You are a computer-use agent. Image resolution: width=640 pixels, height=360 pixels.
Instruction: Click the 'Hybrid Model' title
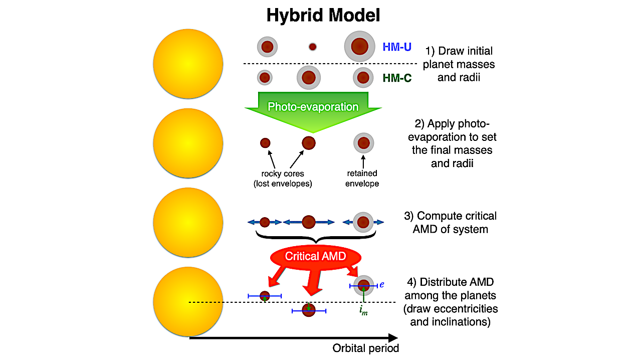(323, 15)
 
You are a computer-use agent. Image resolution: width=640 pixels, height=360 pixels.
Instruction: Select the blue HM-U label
(397, 47)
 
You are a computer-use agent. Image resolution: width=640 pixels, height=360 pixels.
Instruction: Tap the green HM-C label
(397, 78)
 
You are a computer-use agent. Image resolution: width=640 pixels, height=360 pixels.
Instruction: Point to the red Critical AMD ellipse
(315, 256)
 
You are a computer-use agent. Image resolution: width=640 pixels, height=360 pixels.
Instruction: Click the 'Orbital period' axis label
(366, 348)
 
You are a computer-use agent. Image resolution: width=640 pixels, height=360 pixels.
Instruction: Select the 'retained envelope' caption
(362, 178)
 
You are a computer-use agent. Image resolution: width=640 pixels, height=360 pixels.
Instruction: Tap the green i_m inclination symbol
(363, 311)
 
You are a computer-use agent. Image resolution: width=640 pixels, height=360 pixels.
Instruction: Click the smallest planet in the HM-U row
(313, 47)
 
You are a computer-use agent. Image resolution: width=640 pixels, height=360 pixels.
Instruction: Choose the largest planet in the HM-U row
(359, 47)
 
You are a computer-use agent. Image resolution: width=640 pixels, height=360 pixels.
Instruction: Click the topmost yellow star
(188, 64)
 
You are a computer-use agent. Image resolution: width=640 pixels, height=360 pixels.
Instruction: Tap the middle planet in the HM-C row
(309, 78)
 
